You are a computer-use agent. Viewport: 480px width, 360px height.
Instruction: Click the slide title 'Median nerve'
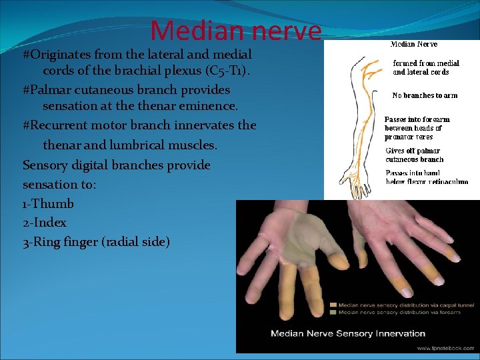click(235, 31)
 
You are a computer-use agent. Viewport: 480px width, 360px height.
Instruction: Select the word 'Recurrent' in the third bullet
click(59, 125)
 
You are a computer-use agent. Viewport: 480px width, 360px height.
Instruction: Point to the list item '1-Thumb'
click(48, 203)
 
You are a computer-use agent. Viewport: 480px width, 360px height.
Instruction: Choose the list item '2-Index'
click(45, 222)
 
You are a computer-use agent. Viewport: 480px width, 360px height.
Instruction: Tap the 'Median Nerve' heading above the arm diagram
click(413, 44)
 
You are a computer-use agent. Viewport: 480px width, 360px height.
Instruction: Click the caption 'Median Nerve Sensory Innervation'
click(347, 333)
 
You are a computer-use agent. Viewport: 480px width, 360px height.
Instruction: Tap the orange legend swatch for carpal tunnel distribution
click(333, 305)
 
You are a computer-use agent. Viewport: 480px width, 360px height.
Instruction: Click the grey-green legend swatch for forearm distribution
click(333, 311)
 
